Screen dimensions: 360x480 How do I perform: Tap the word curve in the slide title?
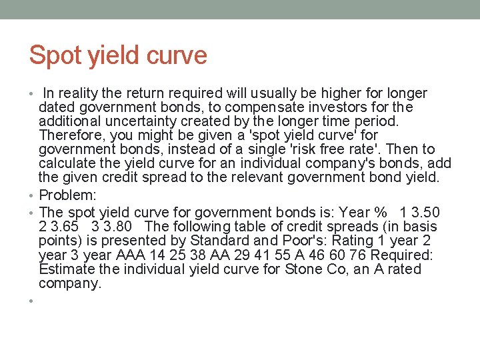(x=179, y=55)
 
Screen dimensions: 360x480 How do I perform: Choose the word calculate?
(x=67, y=163)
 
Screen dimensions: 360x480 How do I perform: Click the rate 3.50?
(x=424, y=213)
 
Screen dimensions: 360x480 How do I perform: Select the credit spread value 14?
(x=155, y=255)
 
